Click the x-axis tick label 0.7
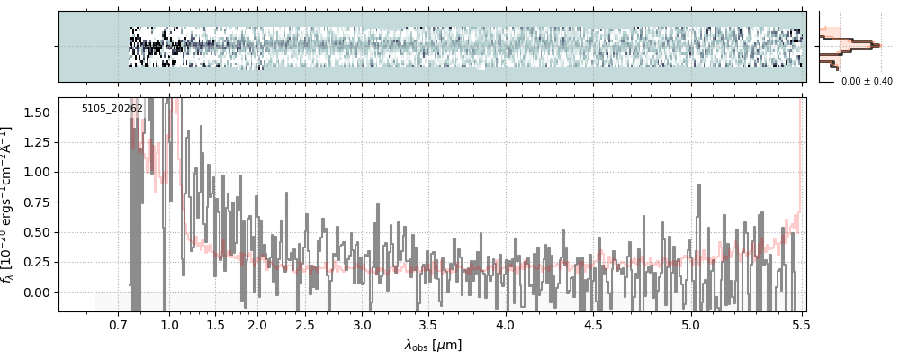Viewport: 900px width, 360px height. (119, 325)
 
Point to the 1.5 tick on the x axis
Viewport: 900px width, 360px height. (216, 325)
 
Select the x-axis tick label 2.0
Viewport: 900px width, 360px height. (257, 325)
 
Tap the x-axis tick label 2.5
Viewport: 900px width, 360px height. (305, 325)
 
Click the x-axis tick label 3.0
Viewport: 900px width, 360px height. (362, 325)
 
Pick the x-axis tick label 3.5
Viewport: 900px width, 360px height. (428, 325)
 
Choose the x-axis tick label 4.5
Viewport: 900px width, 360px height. (593, 325)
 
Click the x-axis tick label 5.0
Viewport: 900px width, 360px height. (690, 325)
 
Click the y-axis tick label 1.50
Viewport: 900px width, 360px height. (36, 112)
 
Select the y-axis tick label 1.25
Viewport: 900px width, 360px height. (36, 142)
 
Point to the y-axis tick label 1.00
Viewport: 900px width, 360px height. (36, 172)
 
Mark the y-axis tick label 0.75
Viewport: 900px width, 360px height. (36, 202)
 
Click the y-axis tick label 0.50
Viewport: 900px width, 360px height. (36, 232)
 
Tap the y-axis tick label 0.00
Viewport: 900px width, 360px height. (36, 292)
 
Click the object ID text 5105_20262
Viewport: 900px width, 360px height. (112, 109)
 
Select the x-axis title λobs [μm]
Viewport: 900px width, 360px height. (433, 345)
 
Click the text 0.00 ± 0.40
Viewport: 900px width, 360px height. (867, 82)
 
